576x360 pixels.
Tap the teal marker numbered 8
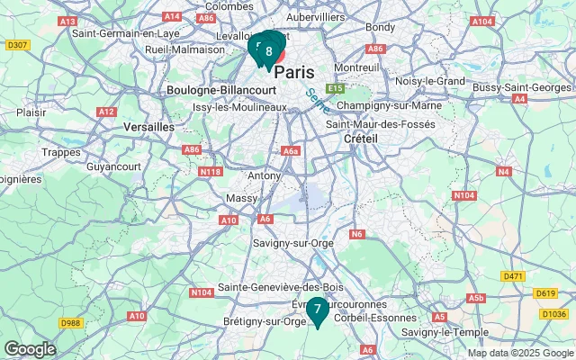point(268,51)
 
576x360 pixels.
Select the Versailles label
point(148,127)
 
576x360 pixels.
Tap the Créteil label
point(361,139)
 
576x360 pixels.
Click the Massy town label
point(241,197)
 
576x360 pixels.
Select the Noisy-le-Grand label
point(429,81)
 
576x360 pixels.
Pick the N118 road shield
point(211,171)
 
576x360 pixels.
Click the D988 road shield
point(70,322)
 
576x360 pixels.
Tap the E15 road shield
point(337,88)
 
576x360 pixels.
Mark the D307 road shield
point(17,44)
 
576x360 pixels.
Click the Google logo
point(30,349)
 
